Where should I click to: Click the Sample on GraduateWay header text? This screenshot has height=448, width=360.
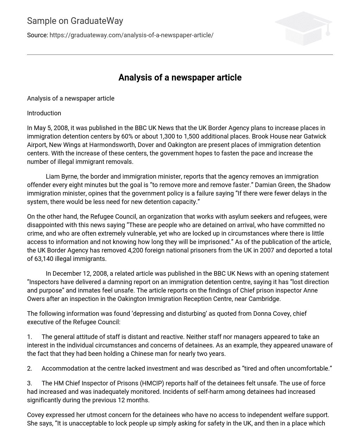[x=75, y=21]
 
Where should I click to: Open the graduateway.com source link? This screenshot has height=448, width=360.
[x=131, y=35]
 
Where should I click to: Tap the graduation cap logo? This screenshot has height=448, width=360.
[x=303, y=28]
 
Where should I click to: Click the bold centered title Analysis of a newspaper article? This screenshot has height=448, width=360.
[x=180, y=78]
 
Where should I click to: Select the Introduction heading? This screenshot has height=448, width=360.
[x=44, y=113]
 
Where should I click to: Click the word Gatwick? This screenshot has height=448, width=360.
[x=315, y=136]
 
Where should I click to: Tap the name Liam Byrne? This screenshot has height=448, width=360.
[x=59, y=177]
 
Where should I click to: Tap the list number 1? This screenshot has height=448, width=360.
[x=29, y=337]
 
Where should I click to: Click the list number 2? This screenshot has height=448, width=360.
[x=30, y=369]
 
